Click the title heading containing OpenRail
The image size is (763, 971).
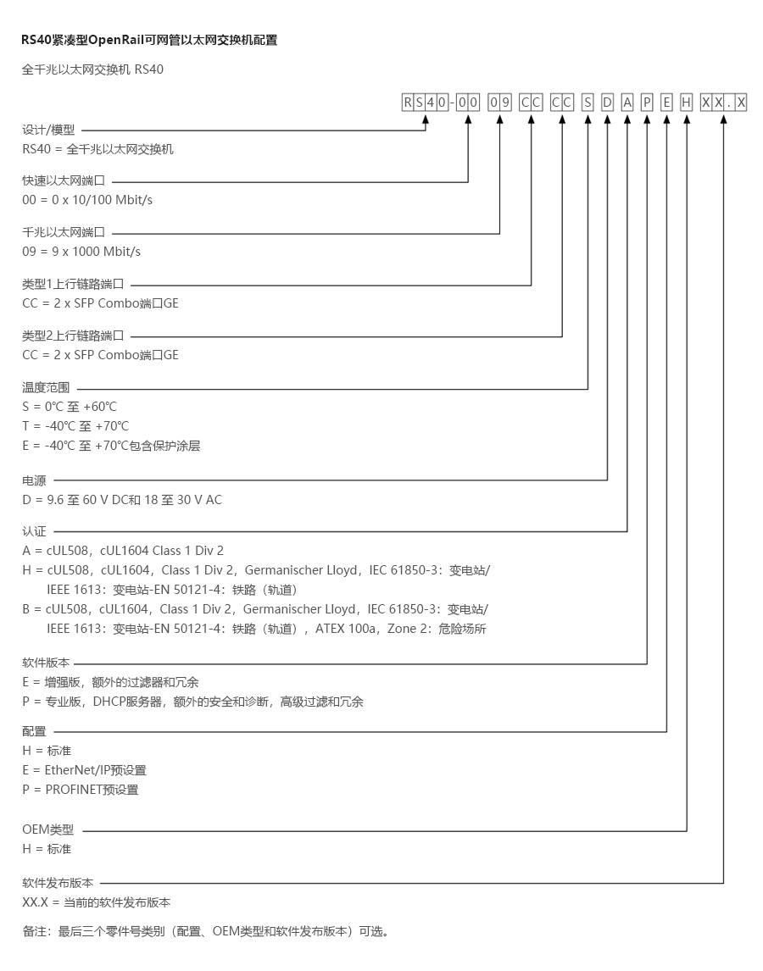point(149,40)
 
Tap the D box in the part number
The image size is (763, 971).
point(607,103)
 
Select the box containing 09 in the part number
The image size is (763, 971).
point(500,103)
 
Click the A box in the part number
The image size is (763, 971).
point(627,103)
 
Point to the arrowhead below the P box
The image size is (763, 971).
point(647,120)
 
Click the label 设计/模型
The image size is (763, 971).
point(48,130)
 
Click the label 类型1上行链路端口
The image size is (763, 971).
point(73,285)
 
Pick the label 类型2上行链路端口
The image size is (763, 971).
point(73,336)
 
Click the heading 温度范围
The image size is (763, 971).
point(46,387)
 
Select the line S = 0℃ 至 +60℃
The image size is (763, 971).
point(70,407)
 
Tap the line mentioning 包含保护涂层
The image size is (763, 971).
point(111,446)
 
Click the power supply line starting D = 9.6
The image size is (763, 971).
point(122,500)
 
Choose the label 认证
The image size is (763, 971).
point(34,531)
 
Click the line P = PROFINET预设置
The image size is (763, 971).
point(81,790)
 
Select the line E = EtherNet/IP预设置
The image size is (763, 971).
point(84,770)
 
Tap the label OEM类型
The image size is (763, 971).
point(48,830)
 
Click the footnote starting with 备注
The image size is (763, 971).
point(205,931)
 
